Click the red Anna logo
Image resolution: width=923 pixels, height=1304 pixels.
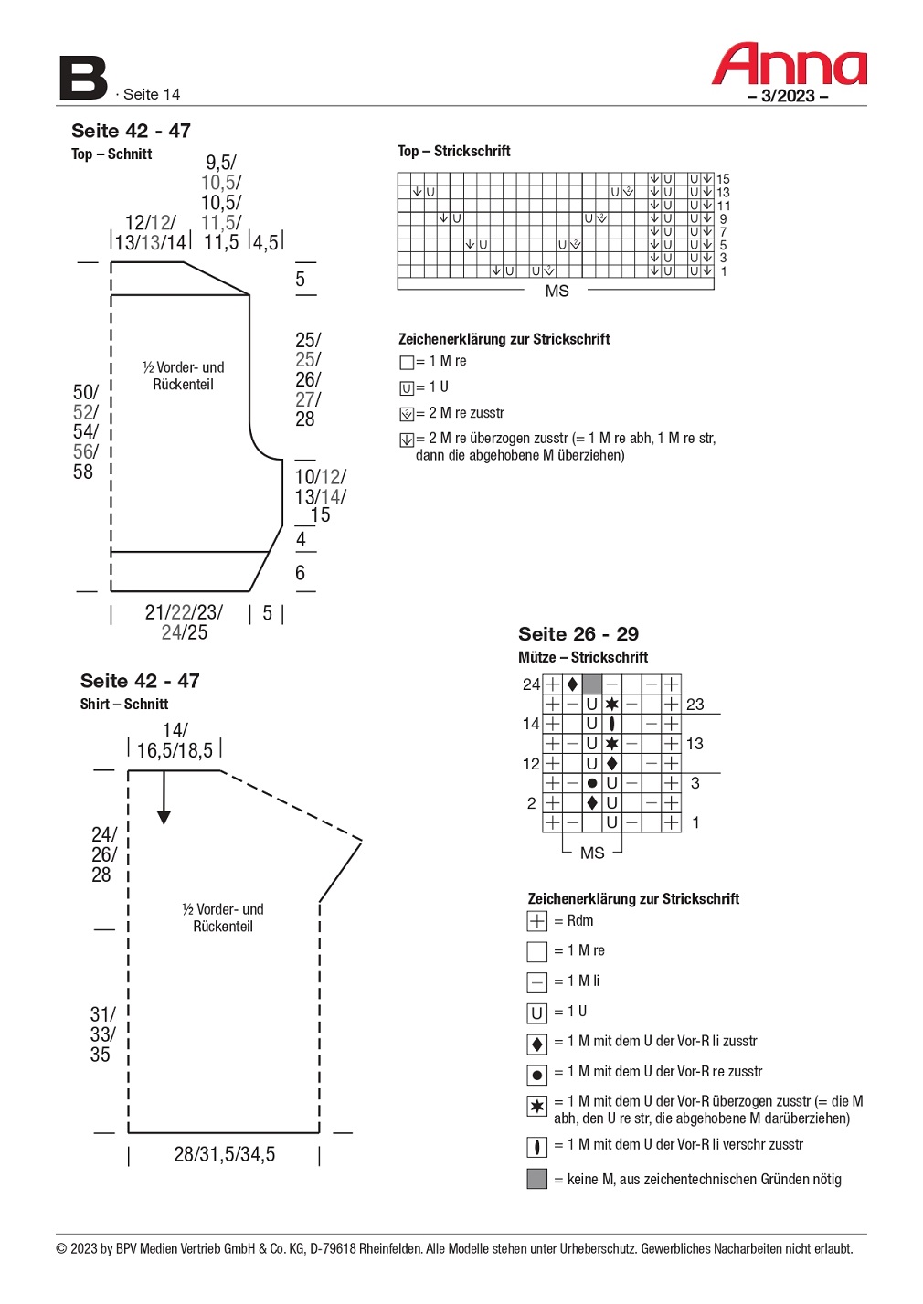789,64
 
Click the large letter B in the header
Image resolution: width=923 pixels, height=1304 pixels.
83,79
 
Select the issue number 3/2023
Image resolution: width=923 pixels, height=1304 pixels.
788,96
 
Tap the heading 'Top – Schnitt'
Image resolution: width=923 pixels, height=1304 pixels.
111,154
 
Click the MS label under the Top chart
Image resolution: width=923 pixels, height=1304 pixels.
557,292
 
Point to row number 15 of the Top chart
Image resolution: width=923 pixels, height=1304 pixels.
723,179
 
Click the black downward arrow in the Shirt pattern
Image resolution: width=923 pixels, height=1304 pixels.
164,797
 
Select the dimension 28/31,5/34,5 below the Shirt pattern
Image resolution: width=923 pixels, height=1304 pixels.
224,1155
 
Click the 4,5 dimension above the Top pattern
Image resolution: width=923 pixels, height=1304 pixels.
266,242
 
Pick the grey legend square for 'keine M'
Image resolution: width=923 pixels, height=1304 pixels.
537,1178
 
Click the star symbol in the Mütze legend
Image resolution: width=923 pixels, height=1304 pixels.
537,1106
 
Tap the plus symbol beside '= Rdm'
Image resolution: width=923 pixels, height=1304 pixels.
537,921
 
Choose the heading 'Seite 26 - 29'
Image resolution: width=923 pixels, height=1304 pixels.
578,633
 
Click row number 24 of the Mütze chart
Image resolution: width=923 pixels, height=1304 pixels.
531,684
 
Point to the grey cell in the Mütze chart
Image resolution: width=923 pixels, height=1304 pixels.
591,684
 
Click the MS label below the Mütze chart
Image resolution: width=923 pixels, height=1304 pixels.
592,853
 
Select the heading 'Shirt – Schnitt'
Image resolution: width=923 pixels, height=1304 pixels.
124,705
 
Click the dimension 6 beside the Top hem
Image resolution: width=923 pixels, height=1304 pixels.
300,573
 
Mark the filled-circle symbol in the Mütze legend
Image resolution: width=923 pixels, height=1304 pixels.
537,1075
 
